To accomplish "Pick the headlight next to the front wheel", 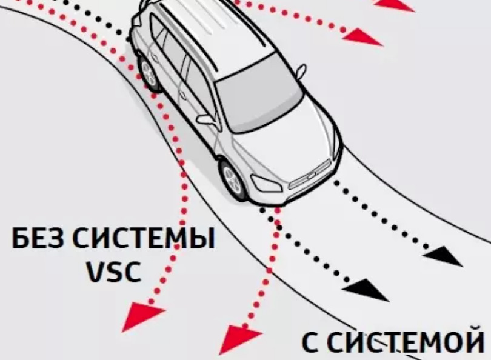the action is point(266,182).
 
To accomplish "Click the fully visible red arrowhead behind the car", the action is point(364,38).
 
